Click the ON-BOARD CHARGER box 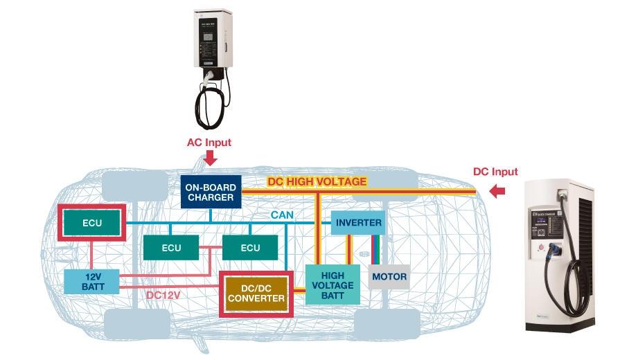click(x=209, y=192)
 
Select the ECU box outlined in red click(x=92, y=223)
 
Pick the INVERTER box click(x=358, y=223)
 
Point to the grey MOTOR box click(x=389, y=277)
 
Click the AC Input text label click(x=209, y=143)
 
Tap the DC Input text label click(x=495, y=172)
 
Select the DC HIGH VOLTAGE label click(x=317, y=181)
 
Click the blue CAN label click(x=282, y=215)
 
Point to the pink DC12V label click(x=163, y=295)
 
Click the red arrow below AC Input click(x=210, y=159)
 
